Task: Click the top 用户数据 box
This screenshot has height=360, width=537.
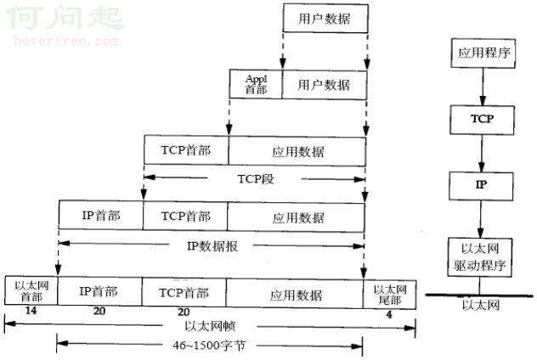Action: (325, 19)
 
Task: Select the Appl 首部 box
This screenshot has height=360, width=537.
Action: (256, 84)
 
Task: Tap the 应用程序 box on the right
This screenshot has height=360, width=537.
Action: (483, 53)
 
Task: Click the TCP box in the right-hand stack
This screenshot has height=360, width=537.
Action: (483, 120)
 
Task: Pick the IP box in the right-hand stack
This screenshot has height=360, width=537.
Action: (481, 186)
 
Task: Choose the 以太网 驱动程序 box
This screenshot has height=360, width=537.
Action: (480, 257)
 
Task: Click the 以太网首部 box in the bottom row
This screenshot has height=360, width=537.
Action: (31, 290)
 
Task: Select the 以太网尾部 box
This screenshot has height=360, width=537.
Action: (390, 295)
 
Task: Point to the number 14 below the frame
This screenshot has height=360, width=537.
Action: (31, 311)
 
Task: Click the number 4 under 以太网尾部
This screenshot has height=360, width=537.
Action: (389, 315)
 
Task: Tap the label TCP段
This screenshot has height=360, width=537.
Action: (256, 178)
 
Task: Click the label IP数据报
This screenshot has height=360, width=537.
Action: (212, 246)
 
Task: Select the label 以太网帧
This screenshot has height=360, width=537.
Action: (210, 326)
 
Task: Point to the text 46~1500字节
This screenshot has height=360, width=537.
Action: (209, 346)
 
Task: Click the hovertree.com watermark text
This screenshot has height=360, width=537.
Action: (66, 41)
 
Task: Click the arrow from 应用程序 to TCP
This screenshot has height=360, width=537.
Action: (483, 87)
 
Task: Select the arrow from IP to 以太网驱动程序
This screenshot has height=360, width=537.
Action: (481, 219)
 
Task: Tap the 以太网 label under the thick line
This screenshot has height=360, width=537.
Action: (480, 305)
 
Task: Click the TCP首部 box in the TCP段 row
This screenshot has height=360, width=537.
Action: (186, 150)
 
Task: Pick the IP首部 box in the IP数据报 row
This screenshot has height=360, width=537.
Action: (101, 216)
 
